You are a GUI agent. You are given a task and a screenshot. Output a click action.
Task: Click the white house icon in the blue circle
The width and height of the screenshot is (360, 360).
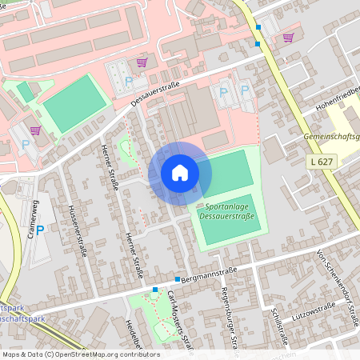click(x=180, y=172)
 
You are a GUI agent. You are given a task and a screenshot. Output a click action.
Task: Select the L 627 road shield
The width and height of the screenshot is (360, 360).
click(x=318, y=161)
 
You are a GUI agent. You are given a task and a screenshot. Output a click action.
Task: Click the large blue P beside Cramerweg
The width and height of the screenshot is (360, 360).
click(x=40, y=230)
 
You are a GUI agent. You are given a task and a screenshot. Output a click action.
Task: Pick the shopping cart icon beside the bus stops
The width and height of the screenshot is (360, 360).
click(x=288, y=37)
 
